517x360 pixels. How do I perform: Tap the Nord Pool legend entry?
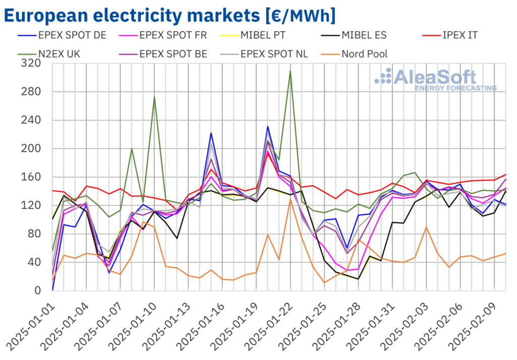[364, 54]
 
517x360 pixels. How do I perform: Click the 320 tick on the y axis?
[32, 64]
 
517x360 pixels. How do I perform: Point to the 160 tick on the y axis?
[32, 177]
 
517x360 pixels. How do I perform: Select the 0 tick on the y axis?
[38, 291]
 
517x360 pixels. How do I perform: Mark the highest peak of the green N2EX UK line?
[290, 71]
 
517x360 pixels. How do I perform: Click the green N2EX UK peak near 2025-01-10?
[154, 97]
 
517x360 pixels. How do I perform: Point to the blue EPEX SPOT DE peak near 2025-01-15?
[211, 133]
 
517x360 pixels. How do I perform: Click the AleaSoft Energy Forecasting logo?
[435, 80]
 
